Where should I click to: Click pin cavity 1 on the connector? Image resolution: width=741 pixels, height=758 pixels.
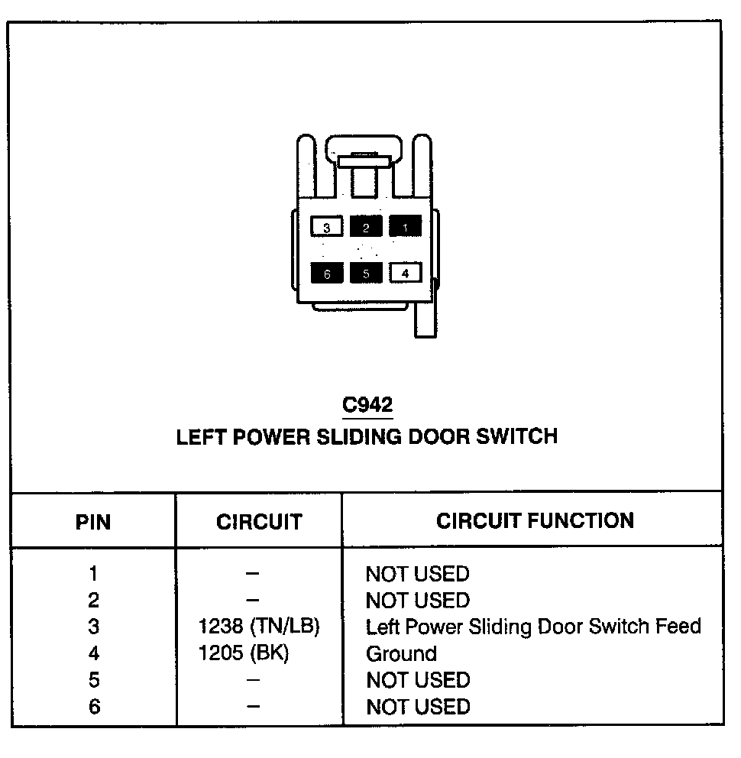coord(405,226)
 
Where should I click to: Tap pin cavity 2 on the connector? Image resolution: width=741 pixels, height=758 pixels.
coord(366,227)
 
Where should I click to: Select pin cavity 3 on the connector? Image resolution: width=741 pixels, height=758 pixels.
coord(327,227)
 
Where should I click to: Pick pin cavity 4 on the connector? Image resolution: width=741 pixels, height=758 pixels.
coord(405,273)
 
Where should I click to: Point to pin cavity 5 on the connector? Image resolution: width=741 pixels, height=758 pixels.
coord(366,273)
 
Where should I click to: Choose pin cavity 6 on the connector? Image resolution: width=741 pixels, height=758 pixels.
coord(327,273)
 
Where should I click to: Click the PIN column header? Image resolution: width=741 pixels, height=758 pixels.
coord(93,522)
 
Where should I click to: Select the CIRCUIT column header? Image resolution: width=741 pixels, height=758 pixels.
coord(259,522)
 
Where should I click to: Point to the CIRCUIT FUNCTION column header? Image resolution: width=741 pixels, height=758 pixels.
coord(535,521)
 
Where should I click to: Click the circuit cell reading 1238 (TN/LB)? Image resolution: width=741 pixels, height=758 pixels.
coord(259,627)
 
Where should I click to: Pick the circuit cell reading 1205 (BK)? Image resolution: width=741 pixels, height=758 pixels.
coord(244,653)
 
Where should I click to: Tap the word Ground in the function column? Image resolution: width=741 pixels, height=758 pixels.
coord(402,654)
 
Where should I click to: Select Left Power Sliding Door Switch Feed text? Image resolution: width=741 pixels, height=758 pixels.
coord(533,627)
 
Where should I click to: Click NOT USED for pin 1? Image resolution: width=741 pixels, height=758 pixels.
coord(418,573)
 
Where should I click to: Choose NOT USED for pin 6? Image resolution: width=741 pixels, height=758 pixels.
coord(418,707)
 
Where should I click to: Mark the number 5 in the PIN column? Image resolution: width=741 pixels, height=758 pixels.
coord(93,680)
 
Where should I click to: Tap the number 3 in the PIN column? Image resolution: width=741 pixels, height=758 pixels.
coord(93,627)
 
